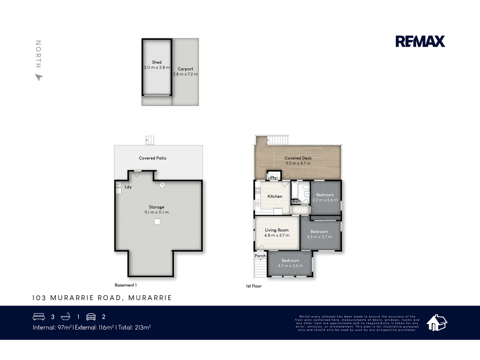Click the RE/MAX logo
pos(420,41)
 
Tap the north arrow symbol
pos(39,77)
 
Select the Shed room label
pos(157,62)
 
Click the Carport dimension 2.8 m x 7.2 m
pos(185,74)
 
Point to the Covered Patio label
pos(152,158)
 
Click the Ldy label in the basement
pos(128,187)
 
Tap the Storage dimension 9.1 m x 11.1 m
pos(156,212)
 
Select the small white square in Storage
pos(157,221)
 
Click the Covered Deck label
pos(298,158)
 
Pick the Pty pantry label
pos(273,178)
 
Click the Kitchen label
pos(275,196)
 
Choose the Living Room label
pos(277,230)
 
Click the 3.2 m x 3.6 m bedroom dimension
pos(325,200)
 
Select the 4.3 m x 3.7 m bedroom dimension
pos(319,237)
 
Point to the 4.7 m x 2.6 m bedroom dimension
pos(290,266)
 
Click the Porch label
pos(260,256)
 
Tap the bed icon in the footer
pos(39,317)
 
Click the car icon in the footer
pos(91,317)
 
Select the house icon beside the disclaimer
pos(437,323)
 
